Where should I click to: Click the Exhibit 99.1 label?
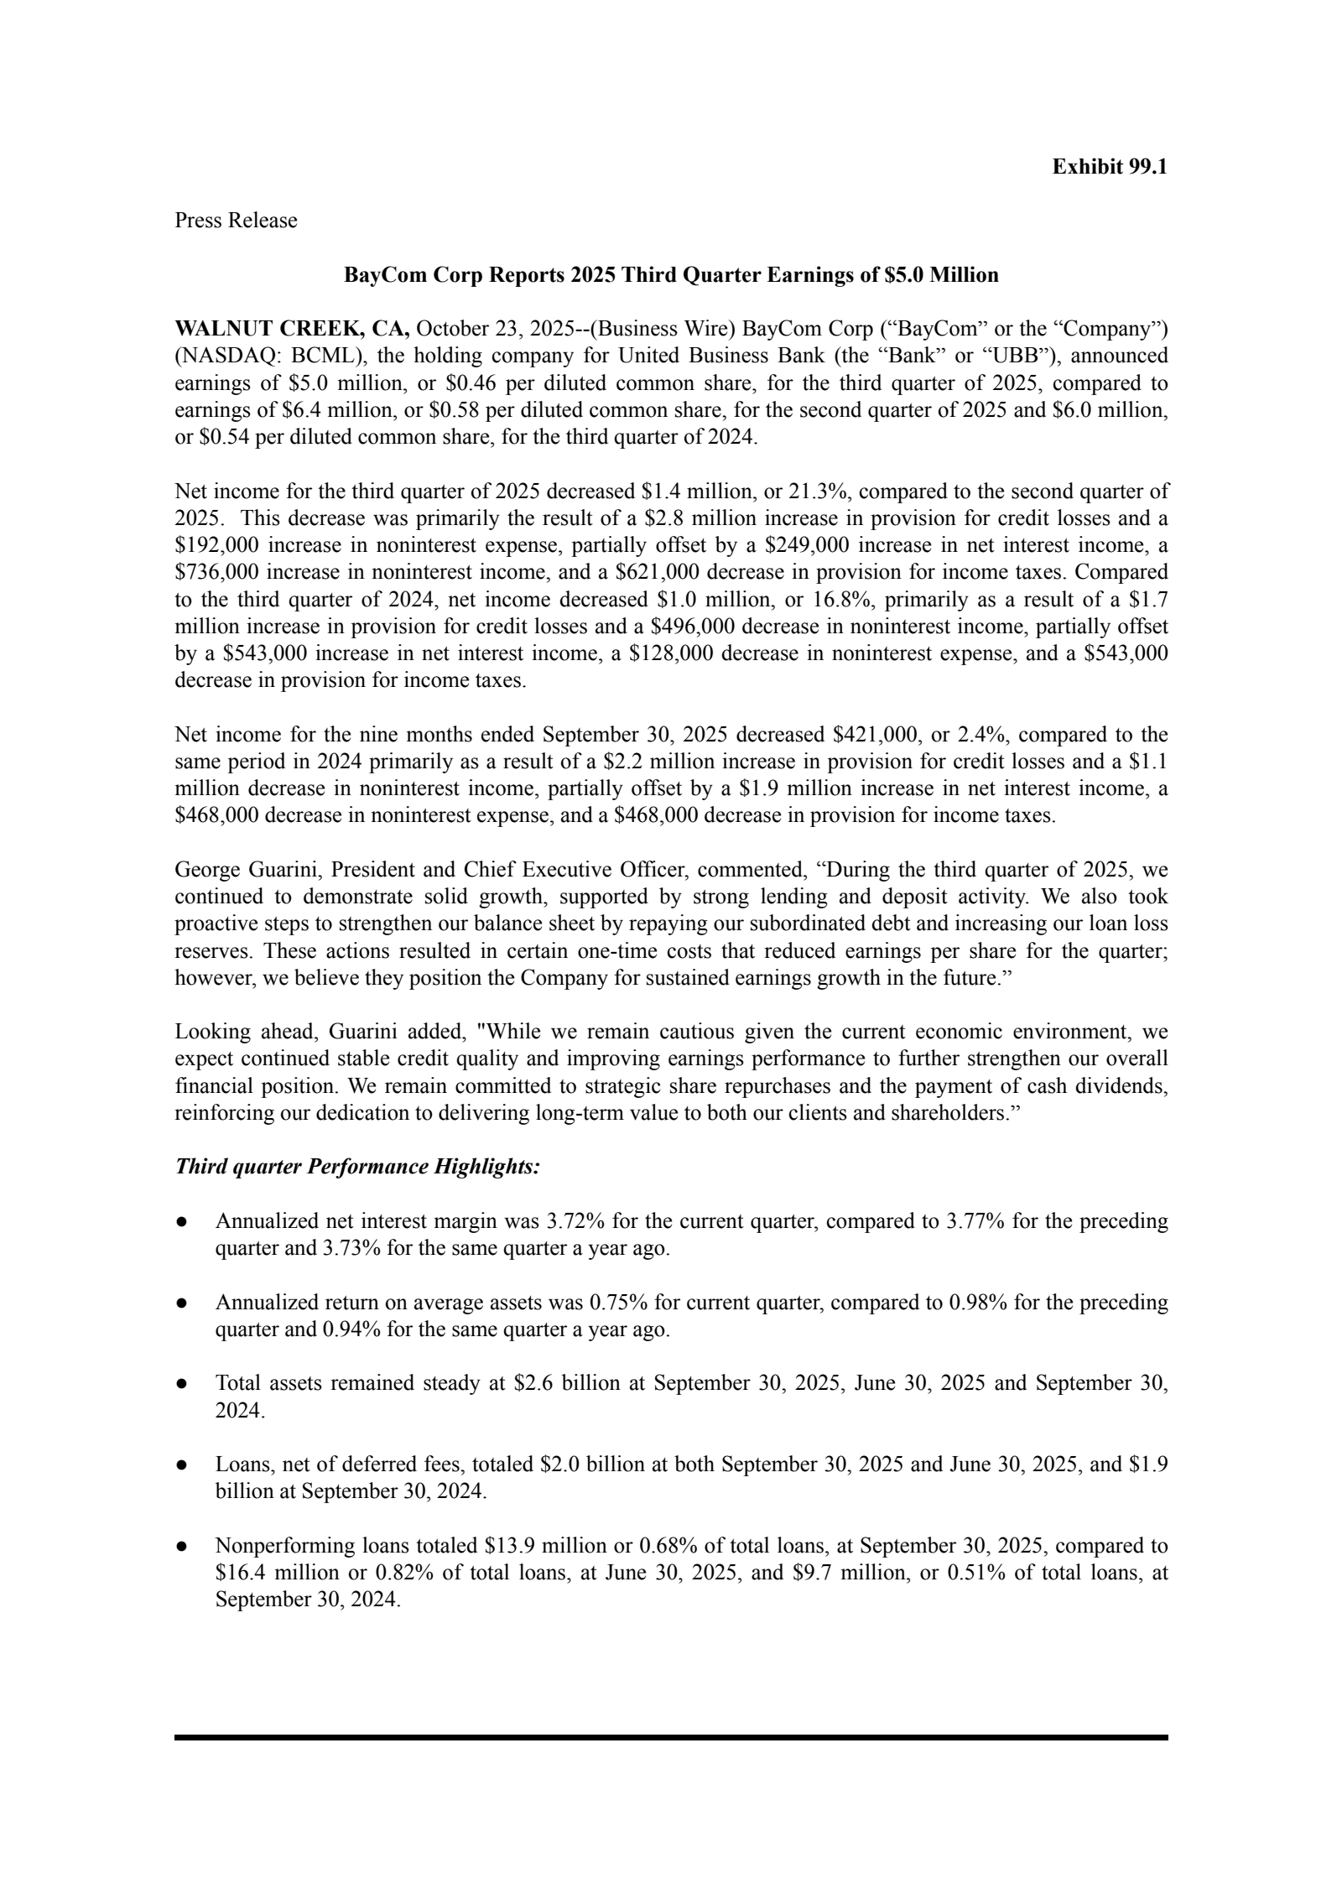[x=1109, y=167]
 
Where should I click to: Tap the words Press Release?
[x=236, y=221]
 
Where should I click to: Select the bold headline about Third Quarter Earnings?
[x=671, y=275]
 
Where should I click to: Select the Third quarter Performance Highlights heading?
[x=357, y=1168]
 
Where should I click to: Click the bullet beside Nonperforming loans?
[x=180, y=1547]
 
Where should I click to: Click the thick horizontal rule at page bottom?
[x=671, y=1736]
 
